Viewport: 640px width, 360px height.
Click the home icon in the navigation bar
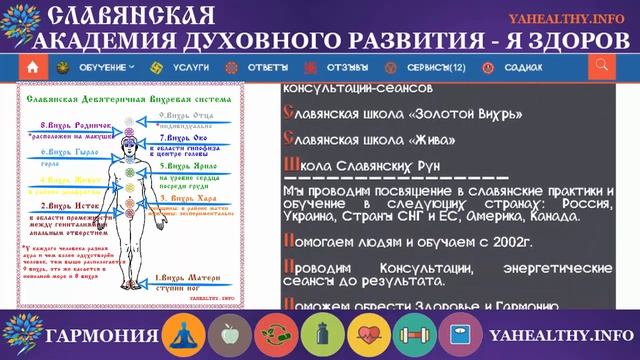(x=33, y=67)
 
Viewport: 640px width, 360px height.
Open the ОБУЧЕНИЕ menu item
(x=100, y=67)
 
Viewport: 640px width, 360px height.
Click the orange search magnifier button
(x=601, y=67)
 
